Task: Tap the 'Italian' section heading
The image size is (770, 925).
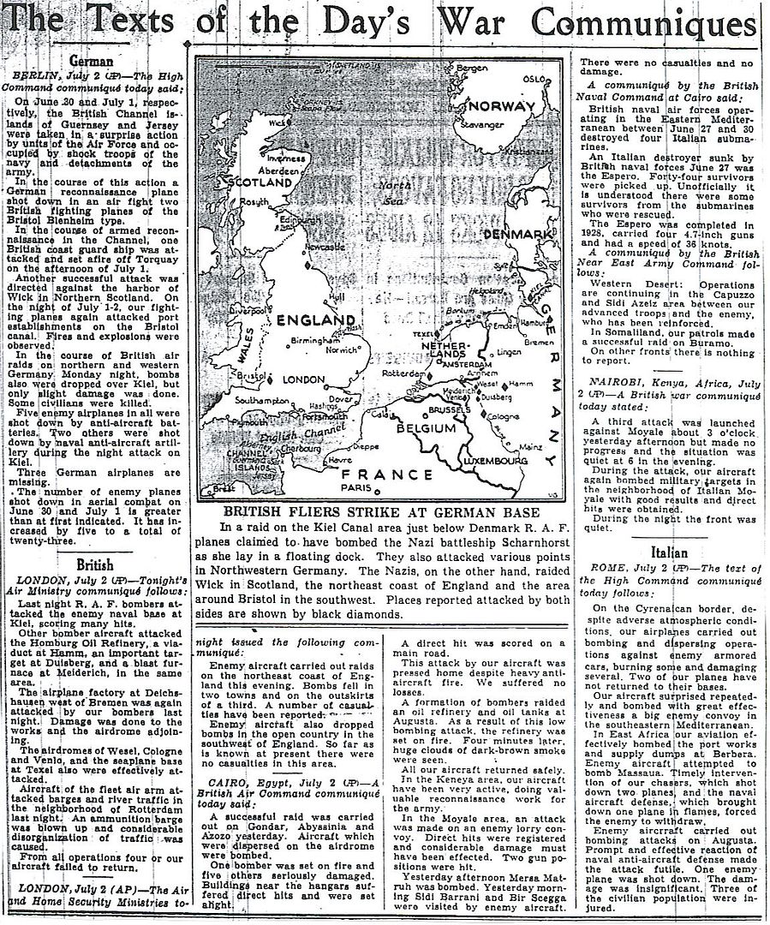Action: tap(670, 552)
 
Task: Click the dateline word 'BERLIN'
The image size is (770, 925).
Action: tap(37, 76)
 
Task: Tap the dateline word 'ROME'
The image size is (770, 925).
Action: tap(629, 568)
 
